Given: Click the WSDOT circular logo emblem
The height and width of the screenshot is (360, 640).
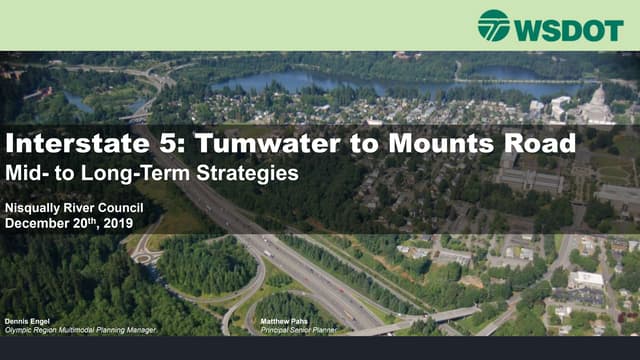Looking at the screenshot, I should click(494, 25).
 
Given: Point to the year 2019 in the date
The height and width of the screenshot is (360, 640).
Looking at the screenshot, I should click(115, 222).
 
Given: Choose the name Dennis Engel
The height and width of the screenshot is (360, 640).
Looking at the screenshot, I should click(27, 322).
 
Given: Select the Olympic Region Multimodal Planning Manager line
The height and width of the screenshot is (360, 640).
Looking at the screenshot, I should click(81, 330).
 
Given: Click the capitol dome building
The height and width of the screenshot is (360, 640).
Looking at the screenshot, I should click(596, 99).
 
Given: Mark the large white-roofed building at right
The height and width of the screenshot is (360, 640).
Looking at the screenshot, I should click(586, 279).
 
